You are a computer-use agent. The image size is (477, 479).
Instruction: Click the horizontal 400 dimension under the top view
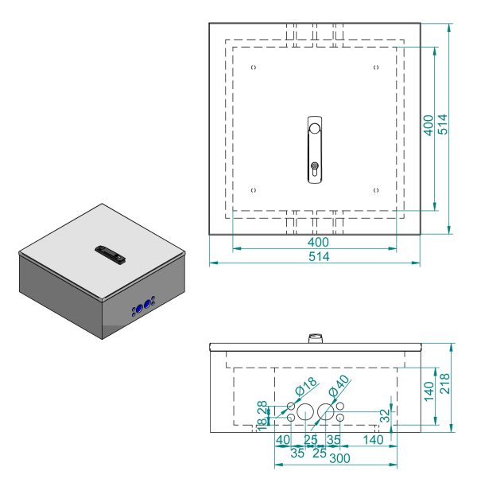coord(318,242)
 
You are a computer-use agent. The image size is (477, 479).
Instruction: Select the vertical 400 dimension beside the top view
coord(429,127)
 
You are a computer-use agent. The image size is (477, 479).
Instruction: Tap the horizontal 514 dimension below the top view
coord(318,256)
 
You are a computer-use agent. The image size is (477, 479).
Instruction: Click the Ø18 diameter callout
coord(305,388)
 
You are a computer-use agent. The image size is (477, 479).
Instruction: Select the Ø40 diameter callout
coord(339,387)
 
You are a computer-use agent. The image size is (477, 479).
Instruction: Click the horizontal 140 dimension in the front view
coord(372,439)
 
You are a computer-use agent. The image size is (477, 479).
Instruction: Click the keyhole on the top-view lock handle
coord(315,169)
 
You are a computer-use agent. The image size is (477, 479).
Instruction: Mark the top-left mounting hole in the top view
coord(254,68)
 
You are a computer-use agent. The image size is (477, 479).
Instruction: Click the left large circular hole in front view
coord(306,412)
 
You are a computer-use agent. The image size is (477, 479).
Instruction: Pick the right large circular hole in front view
coord(325,412)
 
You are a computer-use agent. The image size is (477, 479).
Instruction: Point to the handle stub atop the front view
coord(315,339)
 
